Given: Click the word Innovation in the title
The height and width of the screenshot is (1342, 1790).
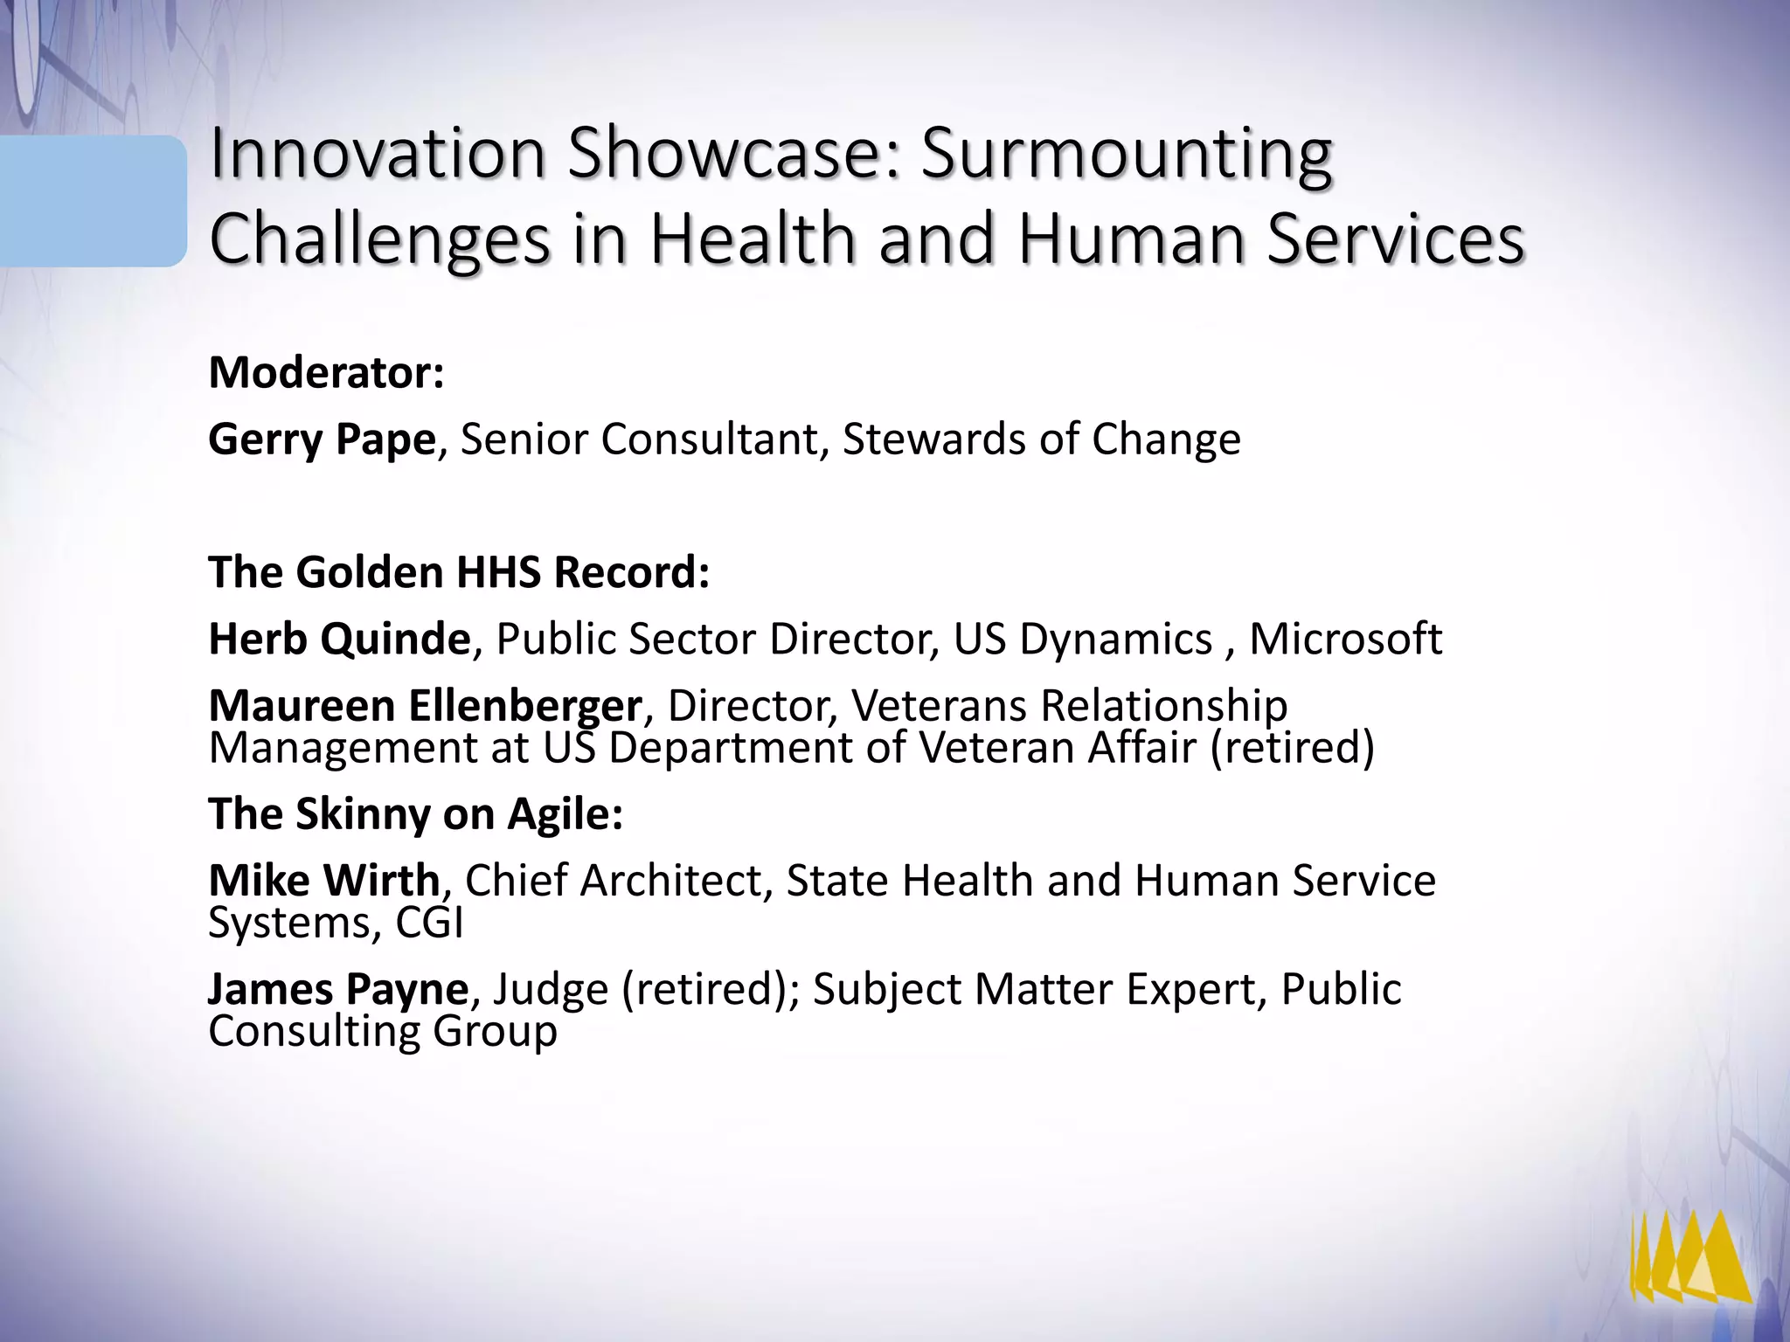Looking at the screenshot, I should tap(377, 154).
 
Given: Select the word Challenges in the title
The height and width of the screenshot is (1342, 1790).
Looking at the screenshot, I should tap(380, 239).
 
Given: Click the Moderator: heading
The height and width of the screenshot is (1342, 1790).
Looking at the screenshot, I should tap(326, 373).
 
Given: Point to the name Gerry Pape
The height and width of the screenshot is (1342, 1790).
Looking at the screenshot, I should tap(321, 439).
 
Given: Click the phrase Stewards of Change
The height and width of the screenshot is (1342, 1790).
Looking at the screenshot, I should tap(1041, 439).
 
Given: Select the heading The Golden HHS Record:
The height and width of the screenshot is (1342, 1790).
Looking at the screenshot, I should tap(459, 573).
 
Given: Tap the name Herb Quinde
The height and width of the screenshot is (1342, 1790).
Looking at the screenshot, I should tap(339, 639).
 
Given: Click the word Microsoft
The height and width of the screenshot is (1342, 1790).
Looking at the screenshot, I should tap(1345, 639).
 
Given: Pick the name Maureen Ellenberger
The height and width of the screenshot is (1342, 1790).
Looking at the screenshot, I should tap(425, 705).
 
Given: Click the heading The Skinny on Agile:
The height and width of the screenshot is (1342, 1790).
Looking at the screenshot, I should tap(415, 814).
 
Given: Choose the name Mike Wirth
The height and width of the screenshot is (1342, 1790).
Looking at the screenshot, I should tap(323, 880).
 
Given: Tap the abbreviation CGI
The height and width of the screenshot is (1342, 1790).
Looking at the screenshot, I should tap(429, 923).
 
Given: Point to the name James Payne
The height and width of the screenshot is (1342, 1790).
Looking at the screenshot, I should tap(338, 989).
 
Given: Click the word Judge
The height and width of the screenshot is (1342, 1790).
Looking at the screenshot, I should tap(551, 990).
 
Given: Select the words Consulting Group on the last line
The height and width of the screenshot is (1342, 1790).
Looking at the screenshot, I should tap(382, 1032).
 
